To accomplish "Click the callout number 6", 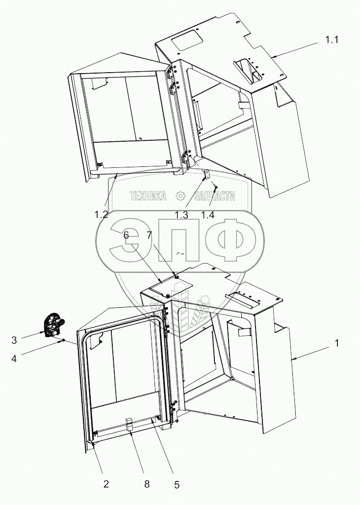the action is [126, 236].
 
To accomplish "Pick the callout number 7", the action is [150, 236].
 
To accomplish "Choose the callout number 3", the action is [14, 341].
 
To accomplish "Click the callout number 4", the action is [14, 358].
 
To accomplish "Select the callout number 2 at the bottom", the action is [106, 484].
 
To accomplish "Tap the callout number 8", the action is [147, 484].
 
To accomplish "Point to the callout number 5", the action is [177, 485].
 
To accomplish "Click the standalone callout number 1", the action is [337, 344].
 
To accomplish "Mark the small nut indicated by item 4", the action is [64, 340].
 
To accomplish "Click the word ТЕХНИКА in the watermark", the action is [149, 195].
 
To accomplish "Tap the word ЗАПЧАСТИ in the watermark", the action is [214, 195].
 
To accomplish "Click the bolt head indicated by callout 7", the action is [175, 276].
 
